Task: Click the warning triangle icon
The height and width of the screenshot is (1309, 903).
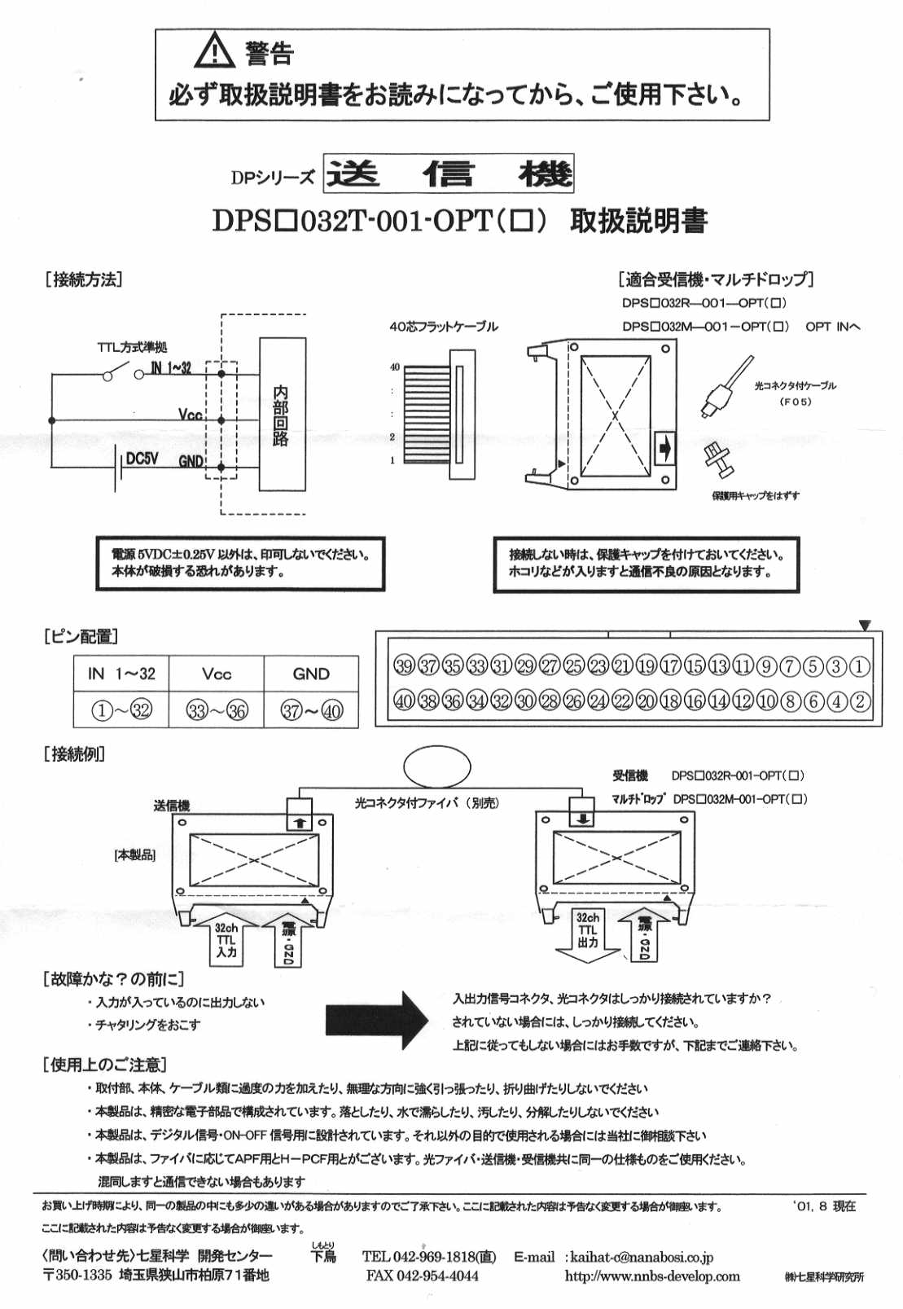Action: click(x=214, y=51)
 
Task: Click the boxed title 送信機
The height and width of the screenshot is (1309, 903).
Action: click(x=449, y=174)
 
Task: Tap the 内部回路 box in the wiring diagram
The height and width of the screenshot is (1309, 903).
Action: click(x=282, y=415)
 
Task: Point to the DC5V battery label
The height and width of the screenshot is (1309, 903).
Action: click(x=142, y=459)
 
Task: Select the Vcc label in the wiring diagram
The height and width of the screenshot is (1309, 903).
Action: click(x=190, y=415)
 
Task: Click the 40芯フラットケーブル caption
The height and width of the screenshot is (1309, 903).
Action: click(x=443, y=327)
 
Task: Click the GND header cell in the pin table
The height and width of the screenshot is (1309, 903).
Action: click(x=311, y=674)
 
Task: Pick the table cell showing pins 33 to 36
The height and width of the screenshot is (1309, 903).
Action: click(x=217, y=710)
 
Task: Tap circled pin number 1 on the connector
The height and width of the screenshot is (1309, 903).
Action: click(x=859, y=666)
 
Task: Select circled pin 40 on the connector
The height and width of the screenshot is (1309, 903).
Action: click(x=404, y=701)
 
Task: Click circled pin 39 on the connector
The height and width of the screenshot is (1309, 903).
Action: click(x=404, y=666)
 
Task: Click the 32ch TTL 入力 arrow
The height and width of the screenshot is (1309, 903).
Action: click(x=226, y=940)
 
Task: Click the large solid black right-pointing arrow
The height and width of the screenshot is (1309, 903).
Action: click(x=376, y=1017)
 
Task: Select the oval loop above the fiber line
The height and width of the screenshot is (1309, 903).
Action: click(x=437, y=767)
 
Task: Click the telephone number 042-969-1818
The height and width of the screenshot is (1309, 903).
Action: click(x=429, y=1257)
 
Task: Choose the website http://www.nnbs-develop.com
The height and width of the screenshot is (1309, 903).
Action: click(x=652, y=1276)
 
